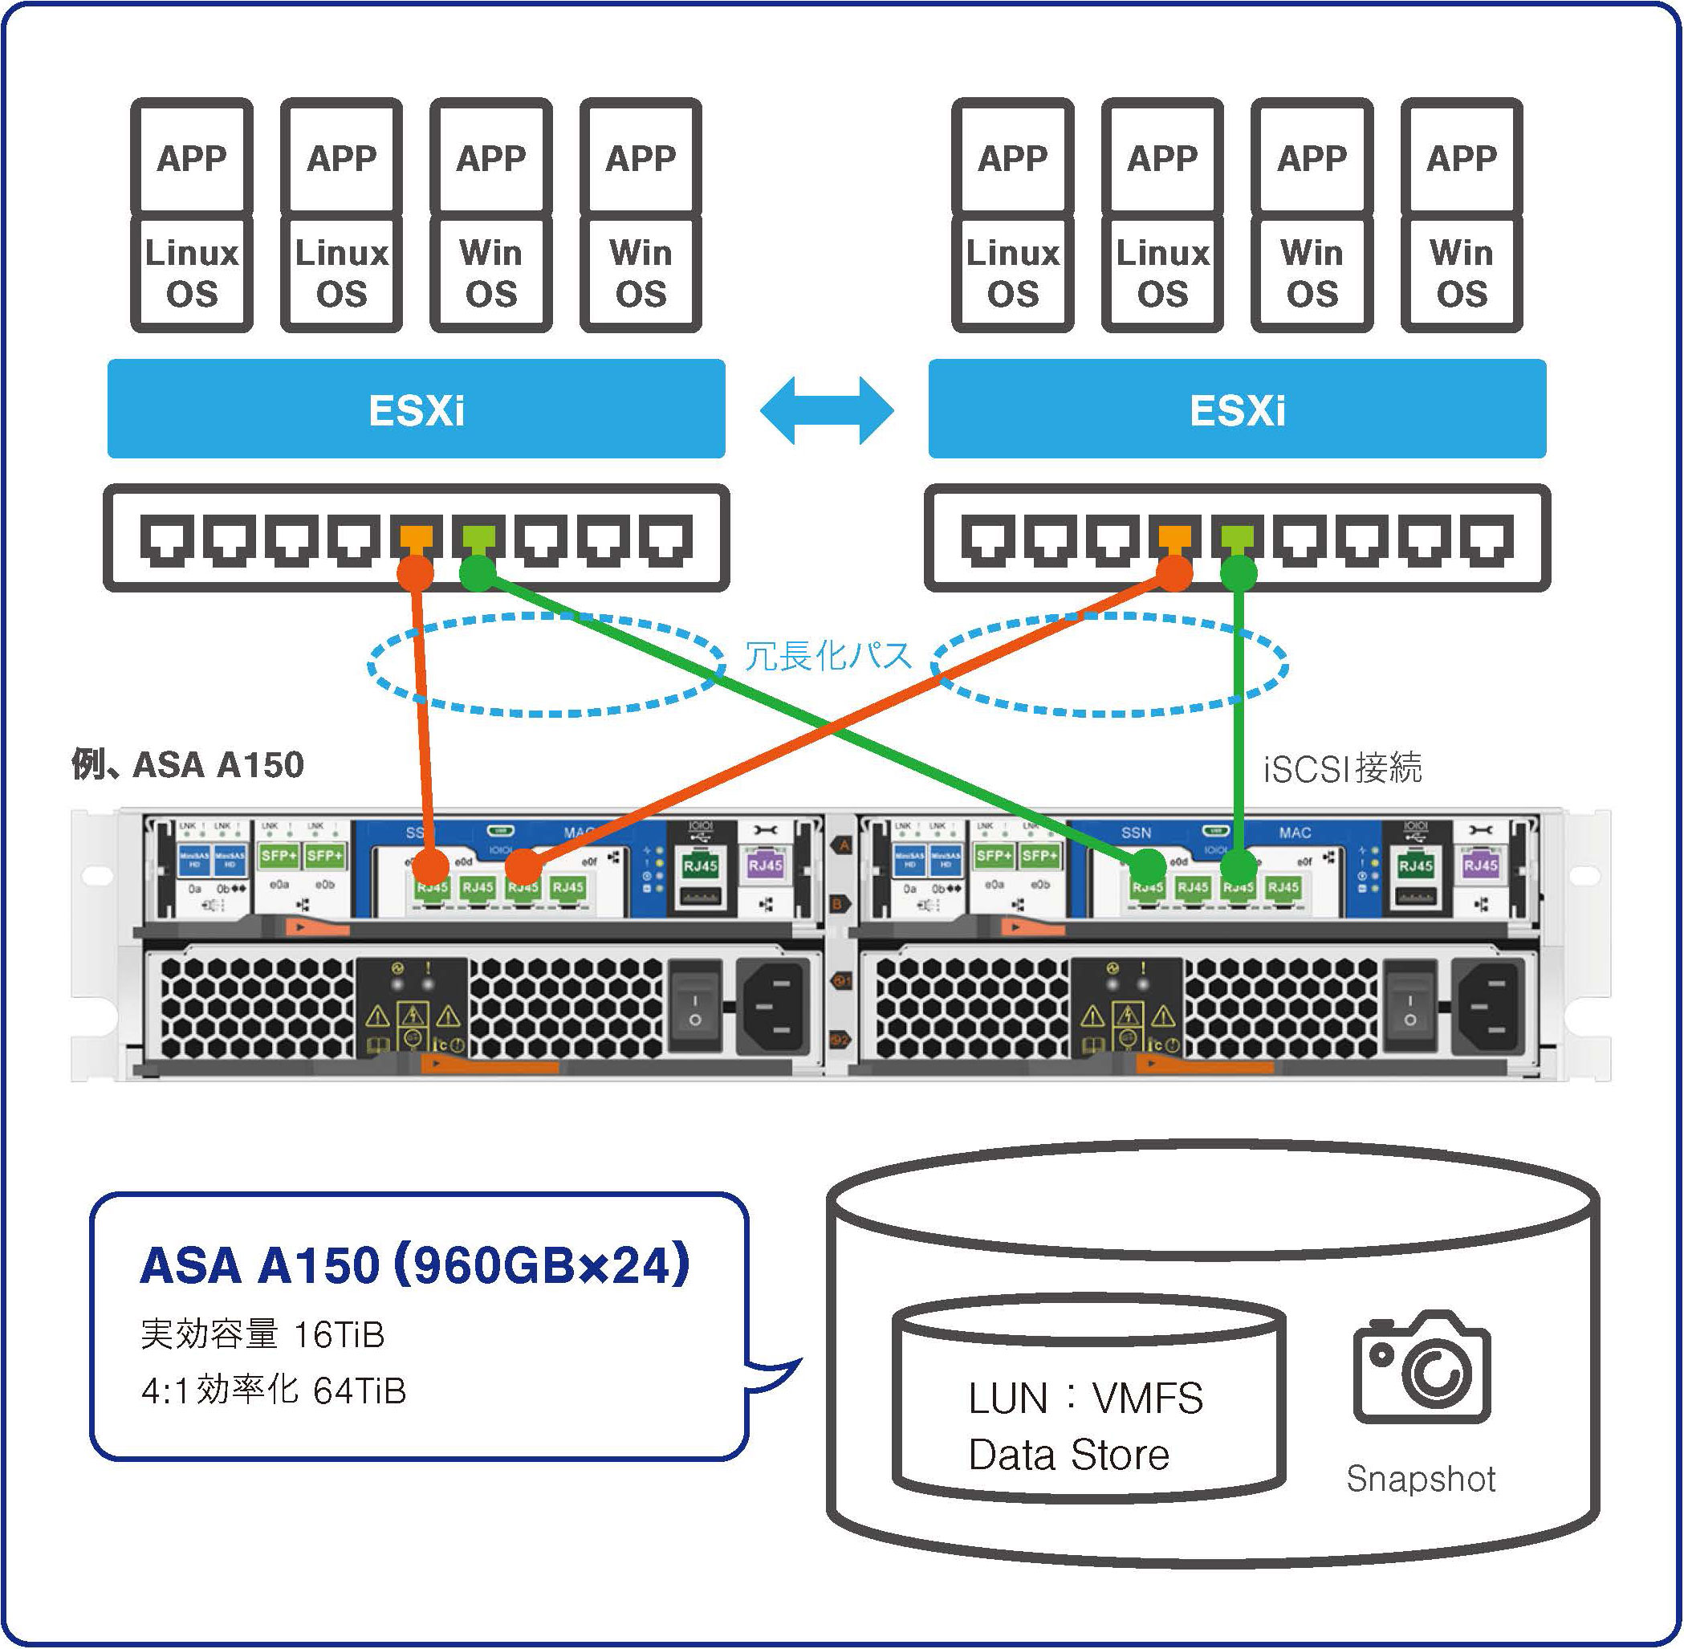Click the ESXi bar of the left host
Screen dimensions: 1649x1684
pos(416,409)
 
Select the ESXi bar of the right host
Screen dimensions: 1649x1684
pos(1236,409)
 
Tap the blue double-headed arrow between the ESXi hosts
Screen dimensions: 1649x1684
pos(827,410)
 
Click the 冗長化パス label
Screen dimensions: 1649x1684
pos(828,656)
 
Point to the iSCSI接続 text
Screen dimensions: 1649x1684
pos(1342,768)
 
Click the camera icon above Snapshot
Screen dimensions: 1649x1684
pos(1421,1367)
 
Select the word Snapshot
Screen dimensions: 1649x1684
pos(1421,1478)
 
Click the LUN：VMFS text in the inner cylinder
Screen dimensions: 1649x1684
pos(1086,1398)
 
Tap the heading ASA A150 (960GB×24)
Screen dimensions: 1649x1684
pos(415,1265)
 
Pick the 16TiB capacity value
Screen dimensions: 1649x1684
pos(339,1334)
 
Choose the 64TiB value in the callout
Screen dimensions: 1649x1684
pos(360,1391)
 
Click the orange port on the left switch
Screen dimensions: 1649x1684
pos(416,537)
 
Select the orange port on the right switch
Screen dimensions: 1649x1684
pos(1174,537)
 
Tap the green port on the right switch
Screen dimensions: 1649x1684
pos(1236,537)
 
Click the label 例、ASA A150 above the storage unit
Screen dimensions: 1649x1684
pos(188,765)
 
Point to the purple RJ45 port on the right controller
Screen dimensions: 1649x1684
pos(1479,865)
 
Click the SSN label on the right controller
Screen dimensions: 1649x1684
pos(1136,833)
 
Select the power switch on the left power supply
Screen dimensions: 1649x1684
pos(694,1004)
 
